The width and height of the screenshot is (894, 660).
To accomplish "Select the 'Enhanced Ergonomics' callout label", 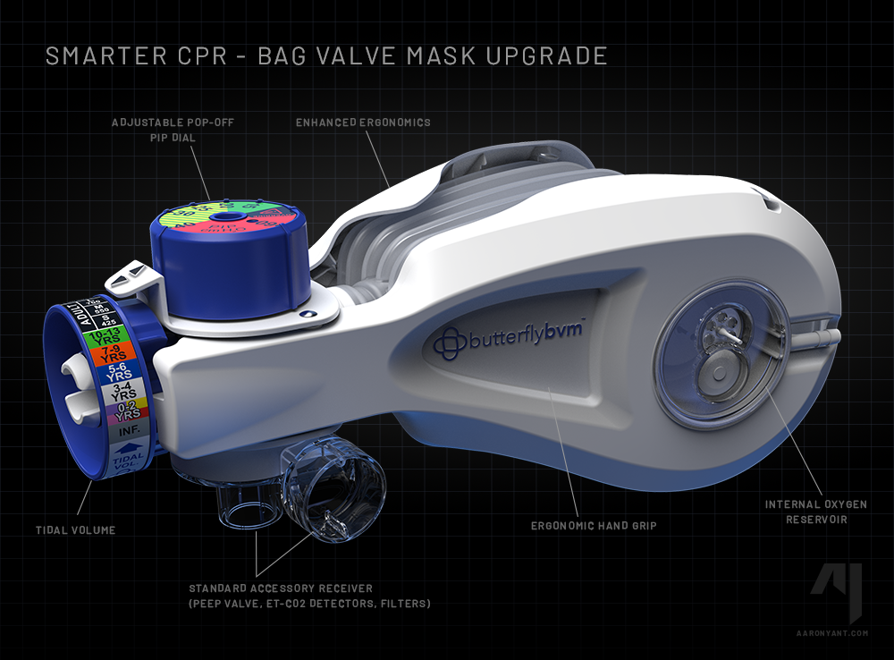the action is coord(363,122).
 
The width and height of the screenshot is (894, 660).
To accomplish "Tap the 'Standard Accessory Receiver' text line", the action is coord(281,588).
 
